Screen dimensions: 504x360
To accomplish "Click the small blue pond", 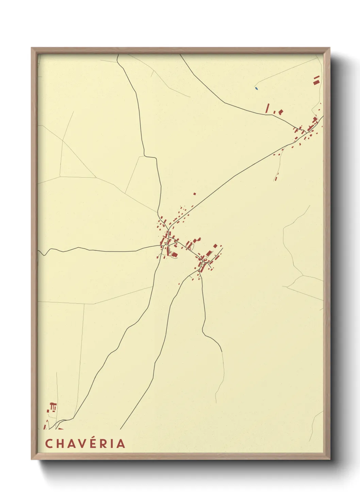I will [x=256, y=89].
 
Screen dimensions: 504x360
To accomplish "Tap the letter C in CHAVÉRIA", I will [x=49, y=444].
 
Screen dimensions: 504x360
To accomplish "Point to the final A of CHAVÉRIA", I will [x=121, y=444].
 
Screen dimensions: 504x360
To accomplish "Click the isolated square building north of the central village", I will [x=195, y=194].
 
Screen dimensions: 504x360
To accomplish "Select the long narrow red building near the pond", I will [x=267, y=108].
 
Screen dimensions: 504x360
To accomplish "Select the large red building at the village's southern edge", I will [x=174, y=254].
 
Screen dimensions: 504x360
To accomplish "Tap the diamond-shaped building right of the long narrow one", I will [x=281, y=112].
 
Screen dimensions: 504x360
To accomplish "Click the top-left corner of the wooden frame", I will [x=32, y=48].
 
